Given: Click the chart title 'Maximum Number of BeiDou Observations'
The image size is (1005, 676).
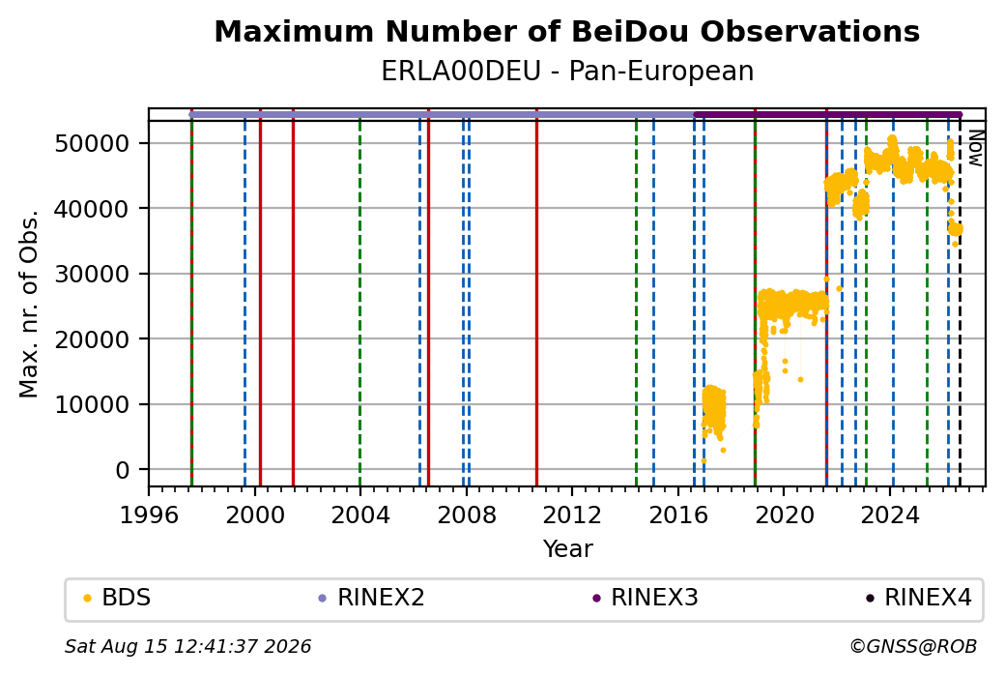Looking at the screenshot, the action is pyautogui.click(x=566, y=31).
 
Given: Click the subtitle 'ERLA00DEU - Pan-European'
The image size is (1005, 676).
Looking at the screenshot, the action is pyautogui.click(x=567, y=72).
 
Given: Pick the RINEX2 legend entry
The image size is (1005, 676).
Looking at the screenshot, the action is pyautogui.click(x=372, y=598).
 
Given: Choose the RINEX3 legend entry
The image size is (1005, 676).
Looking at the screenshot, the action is pyautogui.click(x=645, y=598).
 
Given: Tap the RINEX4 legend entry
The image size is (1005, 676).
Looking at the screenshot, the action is pyautogui.click(x=918, y=598).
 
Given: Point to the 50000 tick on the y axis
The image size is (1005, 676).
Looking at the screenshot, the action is pyautogui.click(x=93, y=143).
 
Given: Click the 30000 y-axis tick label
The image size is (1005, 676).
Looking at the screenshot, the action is pyautogui.click(x=93, y=274).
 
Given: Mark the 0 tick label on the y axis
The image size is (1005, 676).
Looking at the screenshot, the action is pyautogui.click(x=123, y=470).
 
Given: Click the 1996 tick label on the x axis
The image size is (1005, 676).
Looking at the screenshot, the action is pyautogui.click(x=149, y=515).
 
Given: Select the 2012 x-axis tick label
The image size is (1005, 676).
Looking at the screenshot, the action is pyautogui.click(x=572, y=515).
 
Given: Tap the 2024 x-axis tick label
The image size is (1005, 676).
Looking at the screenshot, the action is pyautogui.click(x=890, y=515).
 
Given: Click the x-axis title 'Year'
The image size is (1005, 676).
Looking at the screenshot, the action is pyautogui.click(x=568, y=549).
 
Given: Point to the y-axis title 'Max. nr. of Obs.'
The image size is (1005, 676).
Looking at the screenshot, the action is pyautogui.click(x=29, y=304).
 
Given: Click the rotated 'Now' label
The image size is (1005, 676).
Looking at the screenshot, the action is pyautogui.click(x=975, y=148).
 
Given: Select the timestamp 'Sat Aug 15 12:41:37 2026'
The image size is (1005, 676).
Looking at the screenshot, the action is pyautogui.click(x=187, y=646).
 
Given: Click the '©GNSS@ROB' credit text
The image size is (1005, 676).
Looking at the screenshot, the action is pyautogui.click(x=913, y=646).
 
